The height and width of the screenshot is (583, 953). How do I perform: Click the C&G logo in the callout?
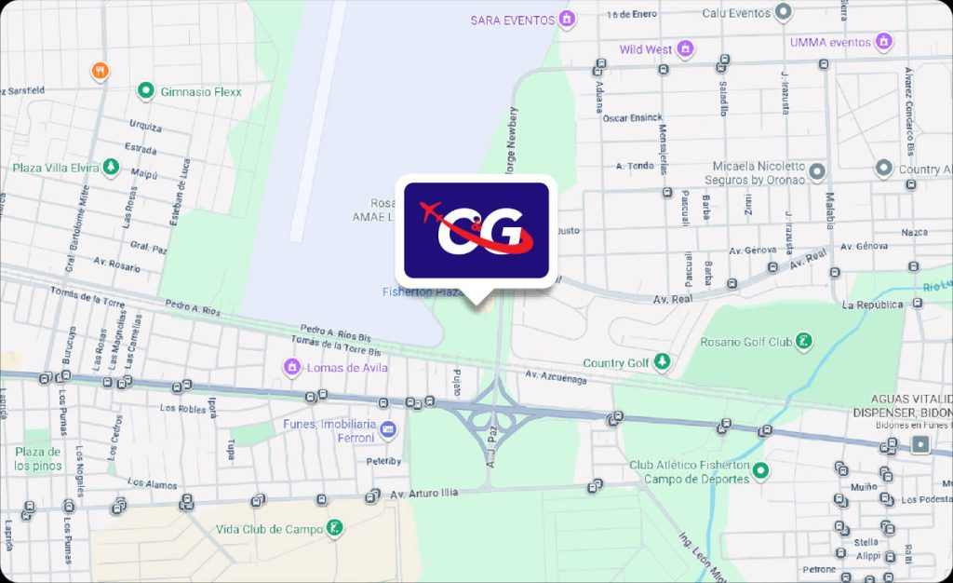[x=476, y=229]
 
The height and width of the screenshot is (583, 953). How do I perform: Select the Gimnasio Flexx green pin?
[x=145, y=91]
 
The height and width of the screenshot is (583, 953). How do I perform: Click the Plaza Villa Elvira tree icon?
[x=111, y=168]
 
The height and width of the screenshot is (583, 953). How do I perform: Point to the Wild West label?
[x=645, y=49]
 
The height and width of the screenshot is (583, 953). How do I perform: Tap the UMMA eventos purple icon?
[x=884, y=42]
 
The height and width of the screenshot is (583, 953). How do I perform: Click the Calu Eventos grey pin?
[x=785, y=13]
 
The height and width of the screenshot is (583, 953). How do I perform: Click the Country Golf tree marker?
[x=662, y=361]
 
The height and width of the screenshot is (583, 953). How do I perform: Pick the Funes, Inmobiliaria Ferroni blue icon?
[x=389, y=430]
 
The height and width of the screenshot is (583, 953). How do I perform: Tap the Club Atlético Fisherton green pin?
[x=760, y=470]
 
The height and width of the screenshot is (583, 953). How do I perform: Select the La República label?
[x=872, y=305]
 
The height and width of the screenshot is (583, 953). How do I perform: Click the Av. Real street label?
[x=673, y=299]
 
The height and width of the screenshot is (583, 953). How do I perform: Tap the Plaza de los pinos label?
[x=37, y=458]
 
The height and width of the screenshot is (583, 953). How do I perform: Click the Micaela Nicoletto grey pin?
[x=817, y=172]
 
